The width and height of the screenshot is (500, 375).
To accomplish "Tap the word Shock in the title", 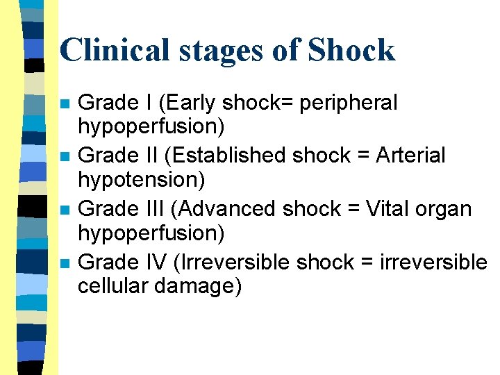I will point(351,50).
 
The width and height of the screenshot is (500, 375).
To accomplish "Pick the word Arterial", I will point(410,156).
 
